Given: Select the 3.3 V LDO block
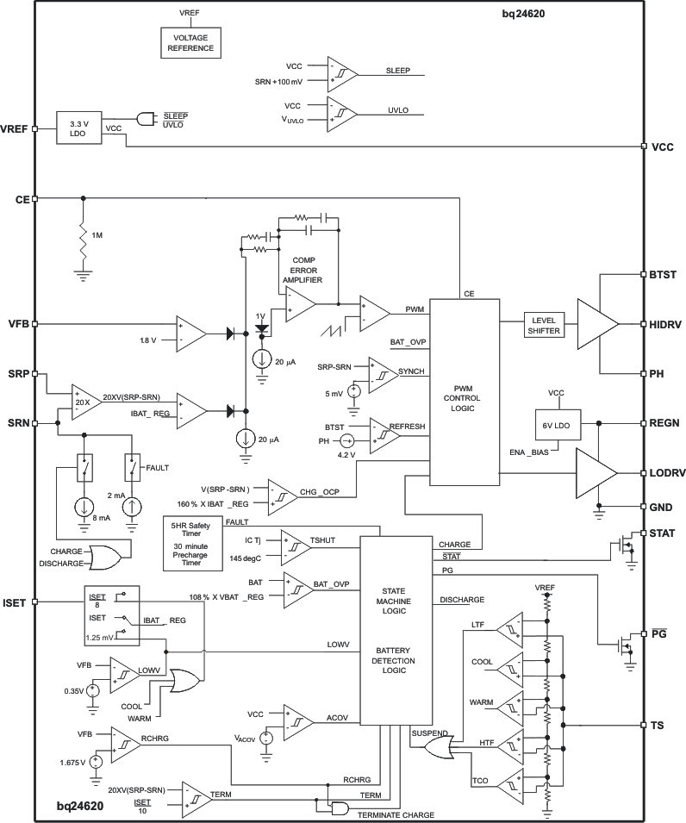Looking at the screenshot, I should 78,128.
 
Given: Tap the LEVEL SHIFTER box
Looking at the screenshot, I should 545,325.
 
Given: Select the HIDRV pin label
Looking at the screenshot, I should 664,324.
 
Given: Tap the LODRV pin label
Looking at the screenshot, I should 664,473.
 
